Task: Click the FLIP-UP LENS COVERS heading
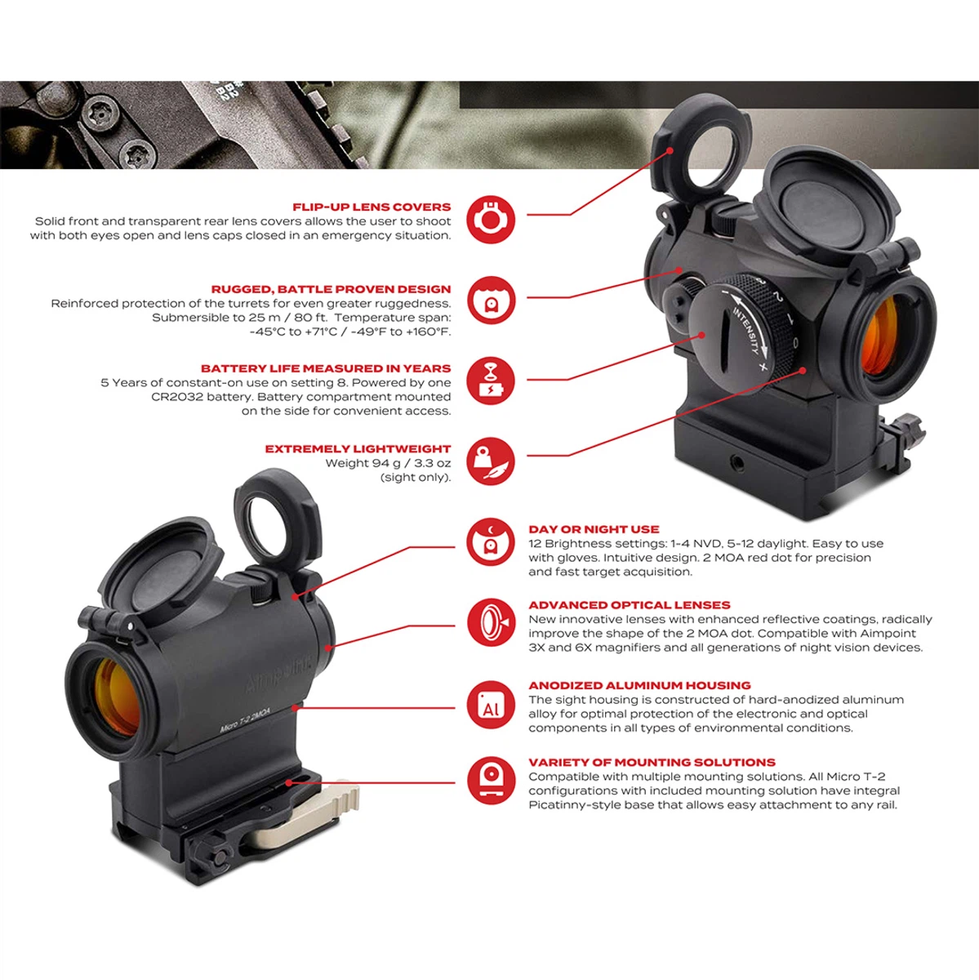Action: point(372,207)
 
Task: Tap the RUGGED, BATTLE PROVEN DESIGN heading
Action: point(331,289)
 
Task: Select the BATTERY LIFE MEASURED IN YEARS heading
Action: point(326,368)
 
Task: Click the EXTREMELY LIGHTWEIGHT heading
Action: point(358,449)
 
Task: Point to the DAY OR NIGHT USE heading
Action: point(594,529)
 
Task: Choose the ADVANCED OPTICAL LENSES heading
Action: point(629,605)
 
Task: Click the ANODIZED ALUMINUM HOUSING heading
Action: point(639,685)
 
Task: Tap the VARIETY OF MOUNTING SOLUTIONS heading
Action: point(652,762)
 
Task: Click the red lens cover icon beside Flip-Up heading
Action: point(491,219)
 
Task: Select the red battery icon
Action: point(491,381)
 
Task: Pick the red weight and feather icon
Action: point(491,461)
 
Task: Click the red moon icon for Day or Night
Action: point(491,542)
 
